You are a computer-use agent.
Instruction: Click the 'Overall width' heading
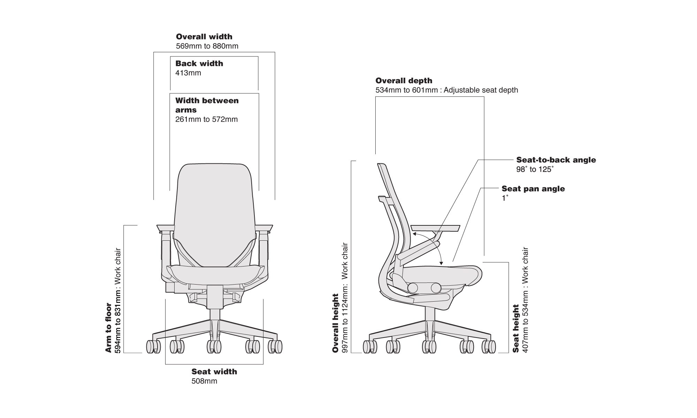[204, 37]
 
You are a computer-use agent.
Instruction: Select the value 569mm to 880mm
[207, 46]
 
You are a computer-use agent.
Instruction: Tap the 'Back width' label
[199, 63]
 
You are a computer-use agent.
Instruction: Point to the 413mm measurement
[188, 73]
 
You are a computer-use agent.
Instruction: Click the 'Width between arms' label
[207, 105]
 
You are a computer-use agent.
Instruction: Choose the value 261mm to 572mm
[206, 119]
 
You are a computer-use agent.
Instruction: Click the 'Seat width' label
[214, 372]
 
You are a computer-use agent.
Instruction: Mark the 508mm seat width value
[204, 381]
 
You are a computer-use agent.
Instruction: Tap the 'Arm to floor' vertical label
[108, 327]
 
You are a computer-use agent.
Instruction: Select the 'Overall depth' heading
[404, 80]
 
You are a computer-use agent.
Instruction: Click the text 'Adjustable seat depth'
[481, 90]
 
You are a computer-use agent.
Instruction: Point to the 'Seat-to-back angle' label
[556, 160]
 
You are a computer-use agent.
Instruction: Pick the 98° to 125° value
[535, 170]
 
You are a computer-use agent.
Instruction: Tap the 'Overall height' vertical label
[336, 323]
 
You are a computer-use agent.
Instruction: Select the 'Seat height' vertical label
[516, 328]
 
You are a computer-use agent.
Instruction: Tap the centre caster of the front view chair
[214, 347]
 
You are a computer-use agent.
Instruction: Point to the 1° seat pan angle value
[505, 198]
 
